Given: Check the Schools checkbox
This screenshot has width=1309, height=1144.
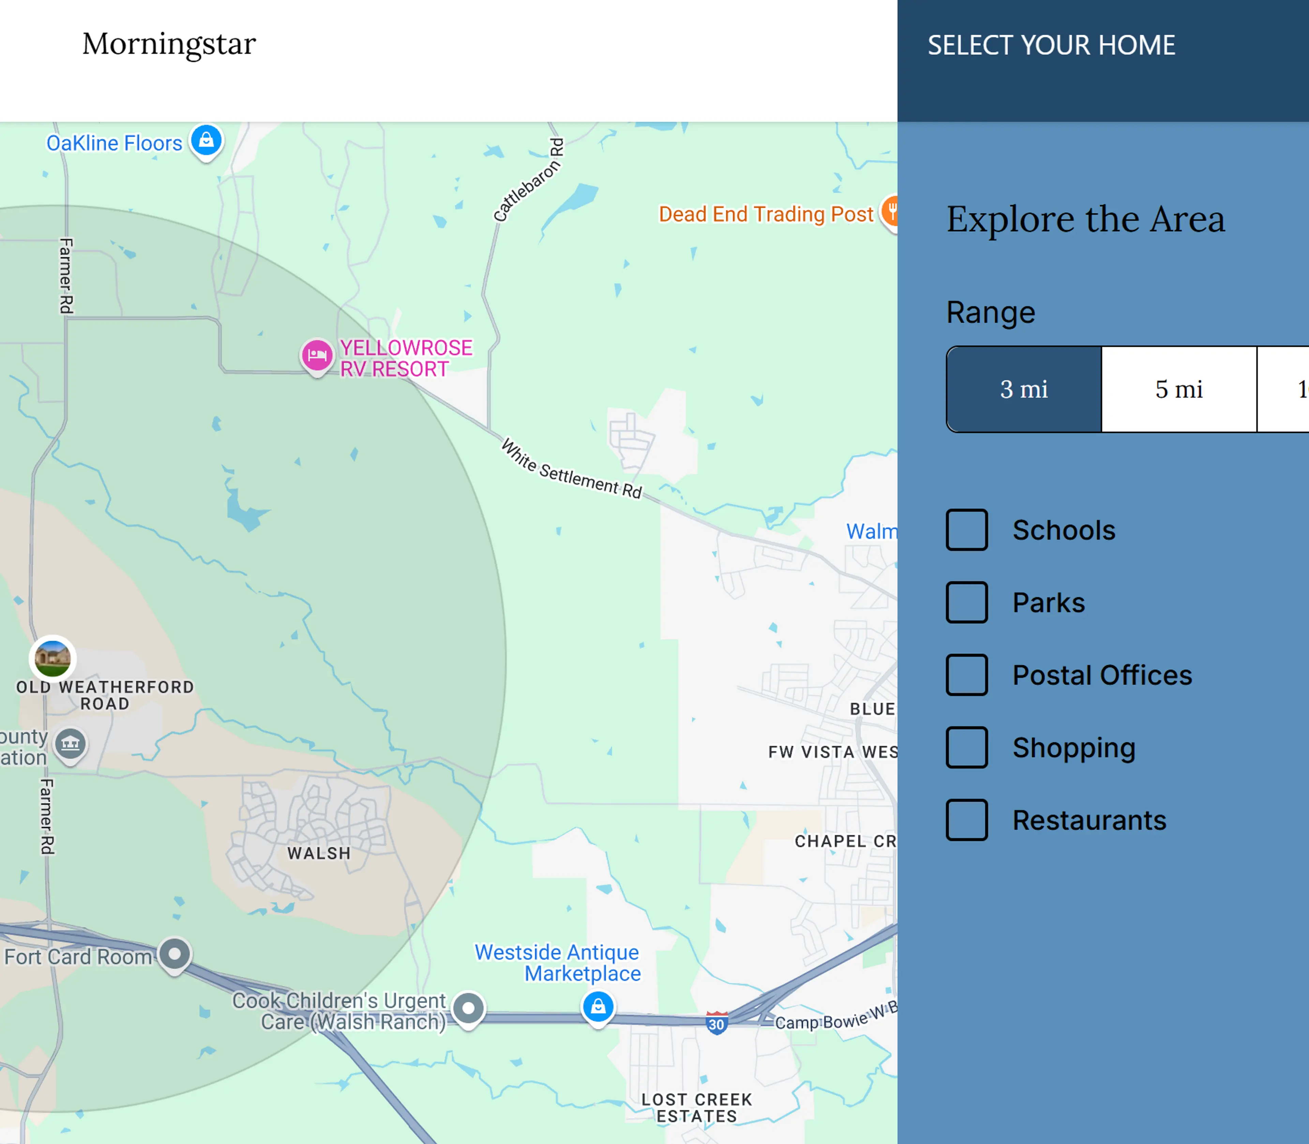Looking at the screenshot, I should click(966, 530).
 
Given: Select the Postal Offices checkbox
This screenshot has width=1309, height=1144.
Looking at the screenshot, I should click(966, 675).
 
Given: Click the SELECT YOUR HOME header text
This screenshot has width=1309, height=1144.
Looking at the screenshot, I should click(1051, 45).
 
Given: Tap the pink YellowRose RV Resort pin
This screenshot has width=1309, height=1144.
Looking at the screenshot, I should click(317, 355).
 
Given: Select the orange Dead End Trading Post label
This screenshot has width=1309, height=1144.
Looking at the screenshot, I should click(765, 214).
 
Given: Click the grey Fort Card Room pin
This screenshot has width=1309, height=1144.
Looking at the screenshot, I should click(174, 954).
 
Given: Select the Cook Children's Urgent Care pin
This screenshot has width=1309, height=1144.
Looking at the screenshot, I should click(468, 1009).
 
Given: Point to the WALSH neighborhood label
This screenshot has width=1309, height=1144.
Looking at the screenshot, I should click(318, 853).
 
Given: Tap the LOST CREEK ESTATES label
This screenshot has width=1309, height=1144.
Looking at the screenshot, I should click(697, 1108).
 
